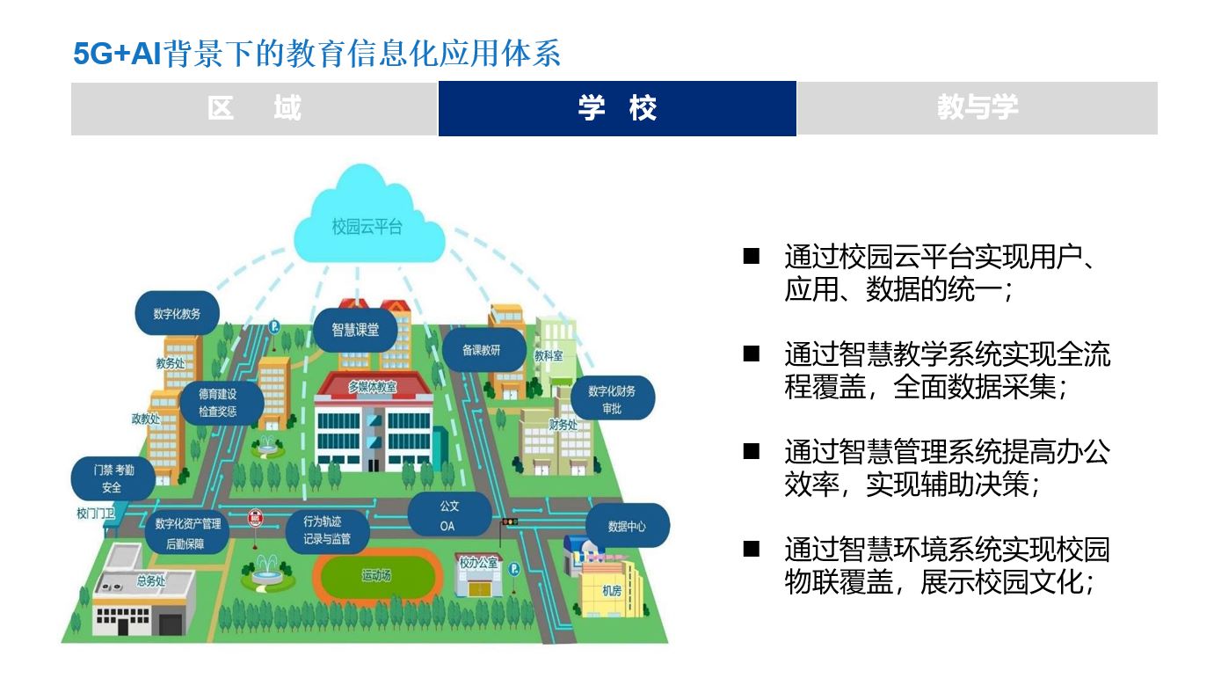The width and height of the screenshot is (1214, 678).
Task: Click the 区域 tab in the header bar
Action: point(254,108)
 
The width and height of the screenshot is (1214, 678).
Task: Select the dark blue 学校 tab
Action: point(617,108)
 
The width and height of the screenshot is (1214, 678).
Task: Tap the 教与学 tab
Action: point(978,108)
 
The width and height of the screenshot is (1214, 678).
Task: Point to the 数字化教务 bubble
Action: point(178,313)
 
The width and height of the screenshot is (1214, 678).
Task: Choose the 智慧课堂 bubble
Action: point(355,330)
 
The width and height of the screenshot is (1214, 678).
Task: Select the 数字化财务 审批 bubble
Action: point(612,398)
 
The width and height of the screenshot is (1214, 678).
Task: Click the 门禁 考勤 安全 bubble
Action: point(113,478)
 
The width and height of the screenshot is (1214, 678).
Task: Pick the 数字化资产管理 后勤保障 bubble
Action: point(187,533)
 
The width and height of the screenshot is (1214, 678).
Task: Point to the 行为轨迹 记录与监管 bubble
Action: point(327,530)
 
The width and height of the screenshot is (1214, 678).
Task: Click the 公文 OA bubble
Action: point(449,514)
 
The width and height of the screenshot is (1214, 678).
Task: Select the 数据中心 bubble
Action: point(628,526)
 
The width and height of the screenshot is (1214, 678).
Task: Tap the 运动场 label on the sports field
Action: point(376,576)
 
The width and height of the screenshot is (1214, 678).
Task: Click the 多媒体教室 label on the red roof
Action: point(373,387)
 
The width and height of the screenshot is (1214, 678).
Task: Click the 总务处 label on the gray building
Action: point(150,580)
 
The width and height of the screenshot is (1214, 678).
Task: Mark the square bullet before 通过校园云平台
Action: point(751,257)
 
